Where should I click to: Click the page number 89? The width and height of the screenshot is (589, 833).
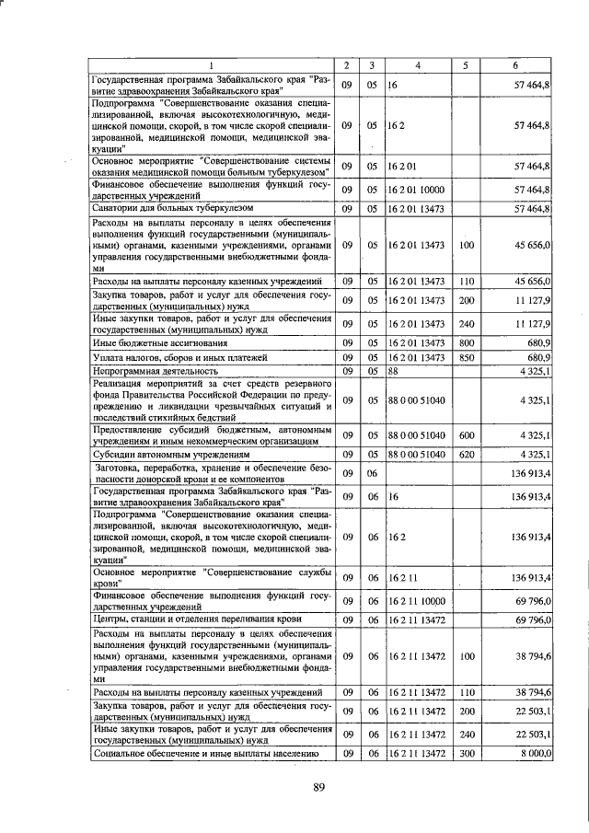pyautogui.click(x=319, y=785)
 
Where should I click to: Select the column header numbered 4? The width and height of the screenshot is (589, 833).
pyautogui.click(x=418, y=65)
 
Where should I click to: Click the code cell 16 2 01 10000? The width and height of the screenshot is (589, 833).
pyautogui.click(x=417, y=190)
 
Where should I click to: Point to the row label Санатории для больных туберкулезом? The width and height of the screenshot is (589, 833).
pyautogui.click(x=159, y=209)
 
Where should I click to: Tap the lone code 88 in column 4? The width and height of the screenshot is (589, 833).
pyautogui.click(x=393, y=370)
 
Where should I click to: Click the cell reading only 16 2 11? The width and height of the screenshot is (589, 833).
pyautogui.click(x=403, y=577)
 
